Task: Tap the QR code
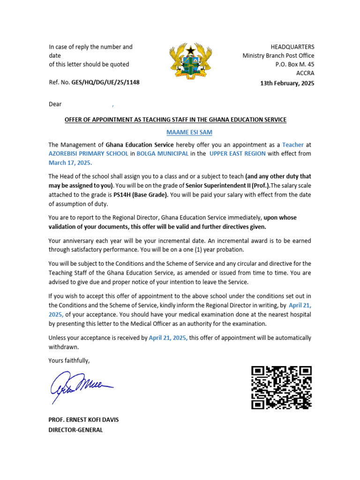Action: [x=281, y=387]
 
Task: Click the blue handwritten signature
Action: [x=80, y=386]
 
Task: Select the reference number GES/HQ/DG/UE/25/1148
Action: [x=105, y=82]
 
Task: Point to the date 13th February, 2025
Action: [x=287, y=83]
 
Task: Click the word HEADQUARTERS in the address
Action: [x=292, y=47]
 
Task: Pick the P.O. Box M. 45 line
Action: [x=295, y=64]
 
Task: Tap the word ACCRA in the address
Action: [x=305, y=73]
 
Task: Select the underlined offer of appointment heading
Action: [x=175, y=120]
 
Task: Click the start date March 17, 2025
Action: [x=70, y=163]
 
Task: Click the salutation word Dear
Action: [x=55, y=104]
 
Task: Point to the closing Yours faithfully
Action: [x=69, y=360]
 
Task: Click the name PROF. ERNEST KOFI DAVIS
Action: [x=83, y=420]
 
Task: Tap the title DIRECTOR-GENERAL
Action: [x=75, y=429]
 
